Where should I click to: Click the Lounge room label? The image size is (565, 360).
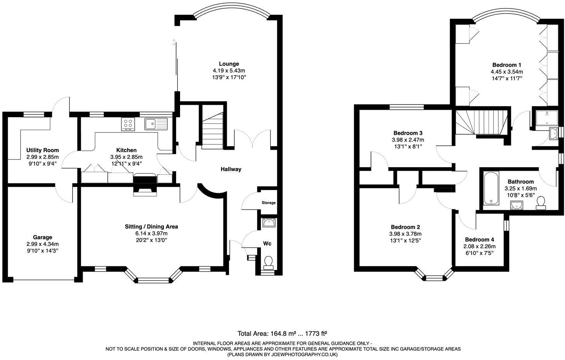(x=229, y=64)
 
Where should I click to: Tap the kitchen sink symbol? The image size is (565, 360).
(x=156, y=124)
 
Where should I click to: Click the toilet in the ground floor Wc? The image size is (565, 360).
(x=268, y=263)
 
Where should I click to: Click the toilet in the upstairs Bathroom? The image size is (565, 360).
(x=541, y=202)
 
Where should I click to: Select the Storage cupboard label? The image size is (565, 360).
(x=269, y=203)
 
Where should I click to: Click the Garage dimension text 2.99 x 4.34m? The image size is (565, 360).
(x=42, y=244)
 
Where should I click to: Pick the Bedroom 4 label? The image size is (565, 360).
(x=479, y=240)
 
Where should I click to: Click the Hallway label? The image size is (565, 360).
(x=231, y=169)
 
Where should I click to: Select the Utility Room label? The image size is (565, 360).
(x=42, y=150)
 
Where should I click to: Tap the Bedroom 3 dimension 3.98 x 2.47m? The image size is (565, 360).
(x=407, y=140)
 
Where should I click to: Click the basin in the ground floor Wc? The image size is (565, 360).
(x=269, y=223)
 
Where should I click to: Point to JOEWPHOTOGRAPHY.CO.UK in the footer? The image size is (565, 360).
(x=306, y=355)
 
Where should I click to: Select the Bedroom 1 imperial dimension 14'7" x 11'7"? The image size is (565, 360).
(x=506, y=78)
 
